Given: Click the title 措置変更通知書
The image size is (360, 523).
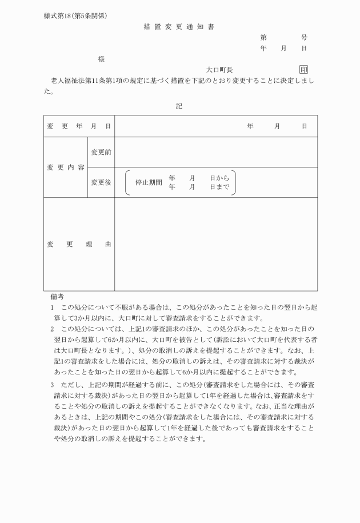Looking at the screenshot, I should point(179,27).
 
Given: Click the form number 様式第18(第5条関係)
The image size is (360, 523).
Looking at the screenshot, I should point(75,15).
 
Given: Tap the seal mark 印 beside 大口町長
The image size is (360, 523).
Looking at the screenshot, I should point(303,69).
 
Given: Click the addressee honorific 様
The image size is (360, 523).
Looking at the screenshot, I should point(101,59).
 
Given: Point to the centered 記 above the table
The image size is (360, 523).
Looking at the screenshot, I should point(179,106).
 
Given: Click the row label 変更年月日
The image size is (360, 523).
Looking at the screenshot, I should point(79,126).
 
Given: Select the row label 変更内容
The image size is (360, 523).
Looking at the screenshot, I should point(66,167).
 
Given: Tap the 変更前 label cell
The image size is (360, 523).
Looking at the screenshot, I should point(101,152).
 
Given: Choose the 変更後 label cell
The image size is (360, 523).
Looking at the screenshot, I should point(101,182).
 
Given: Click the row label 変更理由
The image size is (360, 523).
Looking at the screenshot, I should point(79,244).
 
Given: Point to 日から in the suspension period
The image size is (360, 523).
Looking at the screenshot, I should point(219,178).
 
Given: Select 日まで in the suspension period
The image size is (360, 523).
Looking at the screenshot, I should point(219,187).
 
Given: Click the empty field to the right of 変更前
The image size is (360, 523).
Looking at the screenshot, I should point(216,152).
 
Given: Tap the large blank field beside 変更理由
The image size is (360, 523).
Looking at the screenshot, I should point(216,244).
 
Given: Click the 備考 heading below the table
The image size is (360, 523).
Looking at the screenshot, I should point(57,297).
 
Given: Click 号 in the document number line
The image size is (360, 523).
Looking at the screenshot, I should point(304,38).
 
